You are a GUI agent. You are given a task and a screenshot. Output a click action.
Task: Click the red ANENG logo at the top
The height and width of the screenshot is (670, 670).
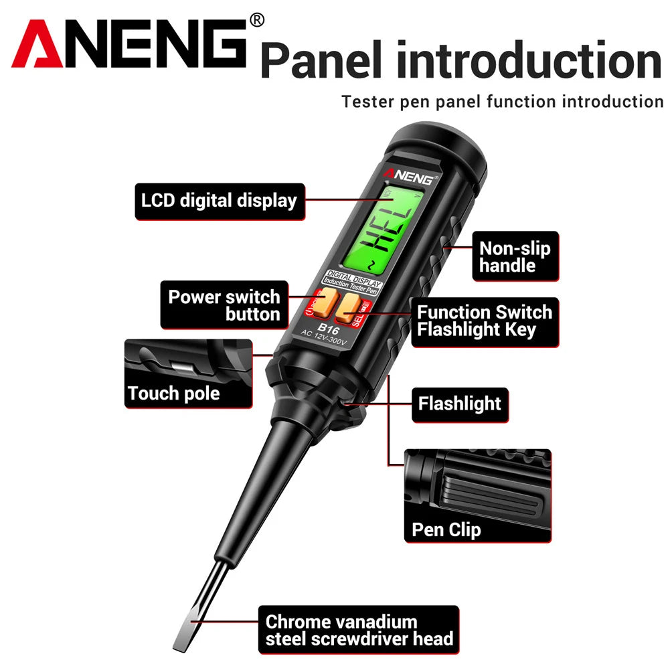click(x=131, y=44)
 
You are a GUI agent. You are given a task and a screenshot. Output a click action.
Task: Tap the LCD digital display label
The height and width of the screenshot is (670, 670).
click(x=219, y=201)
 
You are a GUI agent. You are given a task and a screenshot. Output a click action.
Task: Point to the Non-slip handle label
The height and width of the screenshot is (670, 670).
click(x=515, y=257)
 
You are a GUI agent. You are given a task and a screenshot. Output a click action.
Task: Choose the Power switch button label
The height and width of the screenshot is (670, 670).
click(x=224, y=305)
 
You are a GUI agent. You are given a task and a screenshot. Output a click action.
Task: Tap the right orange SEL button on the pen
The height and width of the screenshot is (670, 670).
click(x=348, y=306)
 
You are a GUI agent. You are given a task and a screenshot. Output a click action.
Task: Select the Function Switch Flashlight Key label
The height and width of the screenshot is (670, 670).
click(x=485, y=321)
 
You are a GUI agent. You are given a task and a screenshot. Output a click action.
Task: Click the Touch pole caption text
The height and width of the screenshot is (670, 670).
click(x=174, y=393)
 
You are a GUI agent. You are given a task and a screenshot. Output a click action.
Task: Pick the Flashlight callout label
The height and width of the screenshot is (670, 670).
click(x=459, y=404)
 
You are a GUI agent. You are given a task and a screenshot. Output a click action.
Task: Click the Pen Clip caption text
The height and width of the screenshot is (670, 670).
click(x=446, y=531)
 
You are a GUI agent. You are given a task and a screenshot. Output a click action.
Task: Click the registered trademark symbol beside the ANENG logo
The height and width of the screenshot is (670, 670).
click(x=256, y=21)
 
